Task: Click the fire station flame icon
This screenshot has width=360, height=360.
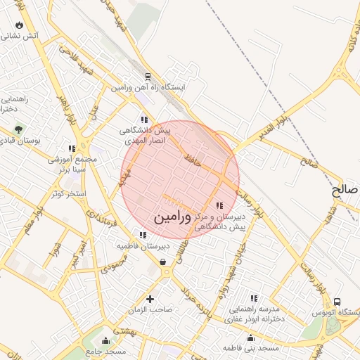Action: [x=19, y=25]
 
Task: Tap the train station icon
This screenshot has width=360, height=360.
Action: [x=148, y=77]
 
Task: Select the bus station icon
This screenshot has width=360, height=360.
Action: [x=337, y=302]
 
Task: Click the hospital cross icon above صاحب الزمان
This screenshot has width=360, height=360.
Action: [x=149, y=299]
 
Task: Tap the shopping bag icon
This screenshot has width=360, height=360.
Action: [x=163, y=262]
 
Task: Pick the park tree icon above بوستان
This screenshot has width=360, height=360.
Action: [x=18, y=130]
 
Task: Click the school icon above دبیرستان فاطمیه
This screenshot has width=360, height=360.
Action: [x=143, y=236]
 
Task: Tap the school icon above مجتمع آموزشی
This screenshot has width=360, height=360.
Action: [x=71, y=148]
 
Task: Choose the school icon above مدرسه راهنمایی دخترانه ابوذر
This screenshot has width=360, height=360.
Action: [x=253, y=298]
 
